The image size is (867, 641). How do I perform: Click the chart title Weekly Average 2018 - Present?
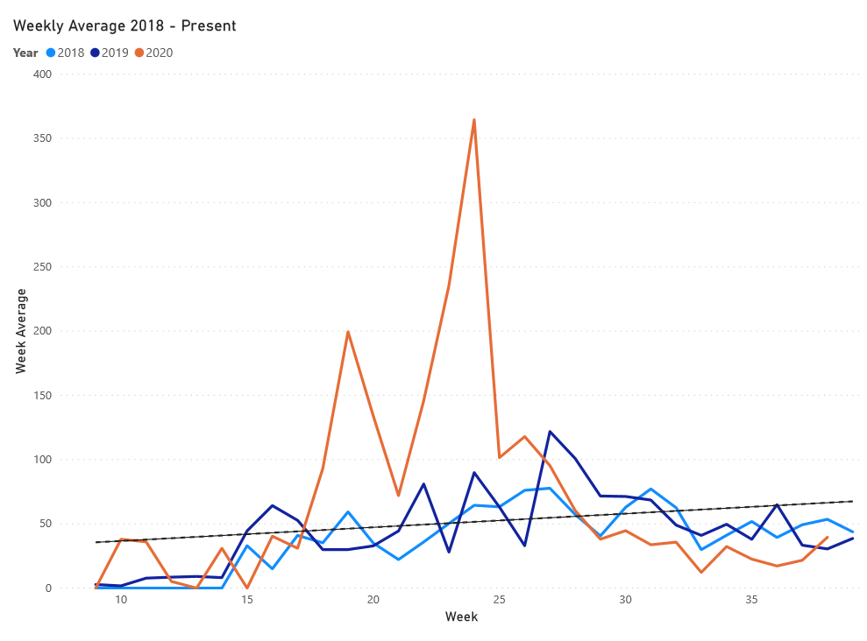click(x=124, y=26)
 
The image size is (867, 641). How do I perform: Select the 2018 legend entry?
click(x=70, y=53)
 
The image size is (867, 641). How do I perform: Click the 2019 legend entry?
click(x=114, y=53)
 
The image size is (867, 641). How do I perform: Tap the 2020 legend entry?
click(x=159, y=53)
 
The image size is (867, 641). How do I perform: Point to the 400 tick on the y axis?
click(x=42, y=74)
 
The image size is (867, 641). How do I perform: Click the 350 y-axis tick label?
click(x=42, y=138)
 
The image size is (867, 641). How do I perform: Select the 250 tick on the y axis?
click(x=42, y=267)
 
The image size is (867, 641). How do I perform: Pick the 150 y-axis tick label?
click(x=42, y=395)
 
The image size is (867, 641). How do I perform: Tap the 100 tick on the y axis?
click(x=42, y=460)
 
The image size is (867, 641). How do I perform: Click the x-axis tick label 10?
click(x=121, y=600)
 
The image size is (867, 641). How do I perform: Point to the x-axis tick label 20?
click(x=373, y=600)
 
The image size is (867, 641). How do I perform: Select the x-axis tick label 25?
click(x=500, y=600)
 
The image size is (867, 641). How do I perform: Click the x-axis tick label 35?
click(x=751, y=600)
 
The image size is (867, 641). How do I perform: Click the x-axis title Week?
click(x=461, y=617)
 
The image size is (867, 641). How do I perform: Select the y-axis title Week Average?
click(x=20, y=331)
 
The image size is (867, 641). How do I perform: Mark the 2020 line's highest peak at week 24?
click(x=474, y=120)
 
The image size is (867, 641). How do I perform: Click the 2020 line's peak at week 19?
click(x=348, y=332)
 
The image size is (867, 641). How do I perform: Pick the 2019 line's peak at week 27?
click(x=550, y=432)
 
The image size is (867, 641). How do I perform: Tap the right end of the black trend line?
click(x=851, y=502)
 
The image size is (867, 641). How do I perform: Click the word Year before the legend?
click(x=25, y=53)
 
